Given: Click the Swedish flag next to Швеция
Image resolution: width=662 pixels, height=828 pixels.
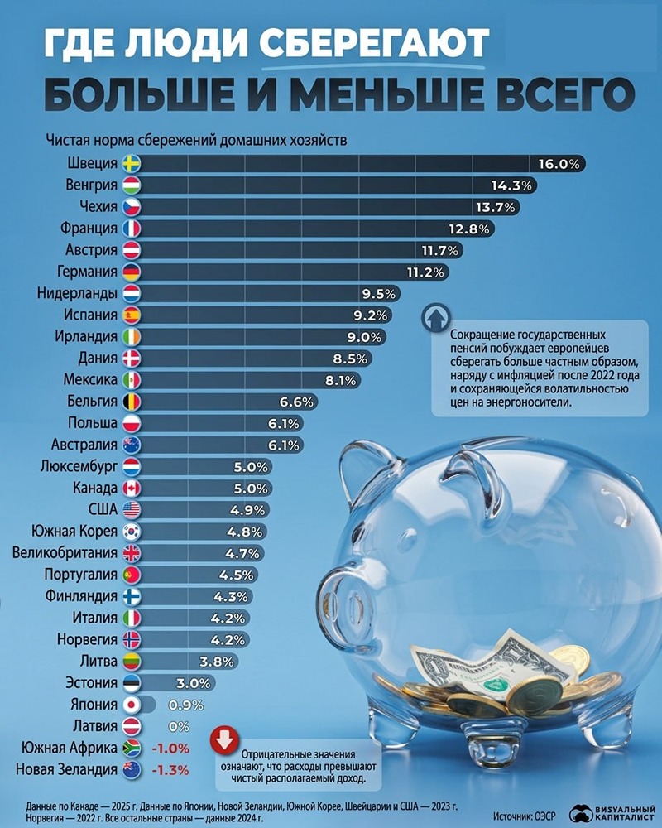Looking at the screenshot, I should point(132,163).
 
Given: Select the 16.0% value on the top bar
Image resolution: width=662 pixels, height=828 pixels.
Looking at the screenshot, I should point(559,163).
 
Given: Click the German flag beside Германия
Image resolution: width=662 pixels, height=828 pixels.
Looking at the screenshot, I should point(132,271).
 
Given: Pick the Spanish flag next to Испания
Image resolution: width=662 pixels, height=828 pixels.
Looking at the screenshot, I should point(132,315).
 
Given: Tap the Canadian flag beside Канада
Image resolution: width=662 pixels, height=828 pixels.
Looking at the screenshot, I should point(132,488).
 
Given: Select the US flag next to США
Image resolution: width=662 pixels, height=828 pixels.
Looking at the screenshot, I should point(132,509).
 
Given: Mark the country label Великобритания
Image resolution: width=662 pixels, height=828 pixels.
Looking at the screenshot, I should point(65,552).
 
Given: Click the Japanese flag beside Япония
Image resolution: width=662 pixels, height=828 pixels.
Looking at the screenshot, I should point(132,704).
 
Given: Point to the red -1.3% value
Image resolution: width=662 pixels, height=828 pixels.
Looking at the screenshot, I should point(171,769).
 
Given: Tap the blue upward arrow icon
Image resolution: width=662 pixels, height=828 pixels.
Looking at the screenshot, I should point(433,319).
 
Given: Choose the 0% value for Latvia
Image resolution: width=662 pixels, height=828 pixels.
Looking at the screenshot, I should point(179,726).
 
